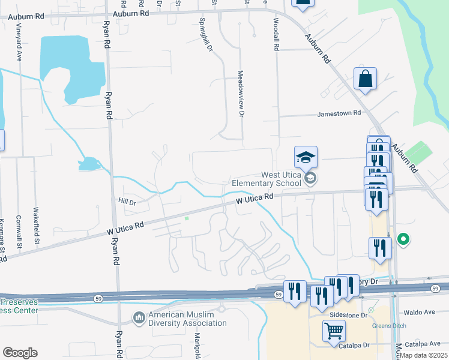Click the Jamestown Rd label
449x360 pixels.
339,113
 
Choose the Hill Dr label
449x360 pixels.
128,202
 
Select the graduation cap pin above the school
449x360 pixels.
306,157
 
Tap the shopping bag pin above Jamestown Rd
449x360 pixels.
365,79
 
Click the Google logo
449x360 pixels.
20,353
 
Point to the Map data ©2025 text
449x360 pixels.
423,355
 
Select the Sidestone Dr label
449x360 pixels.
348,315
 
